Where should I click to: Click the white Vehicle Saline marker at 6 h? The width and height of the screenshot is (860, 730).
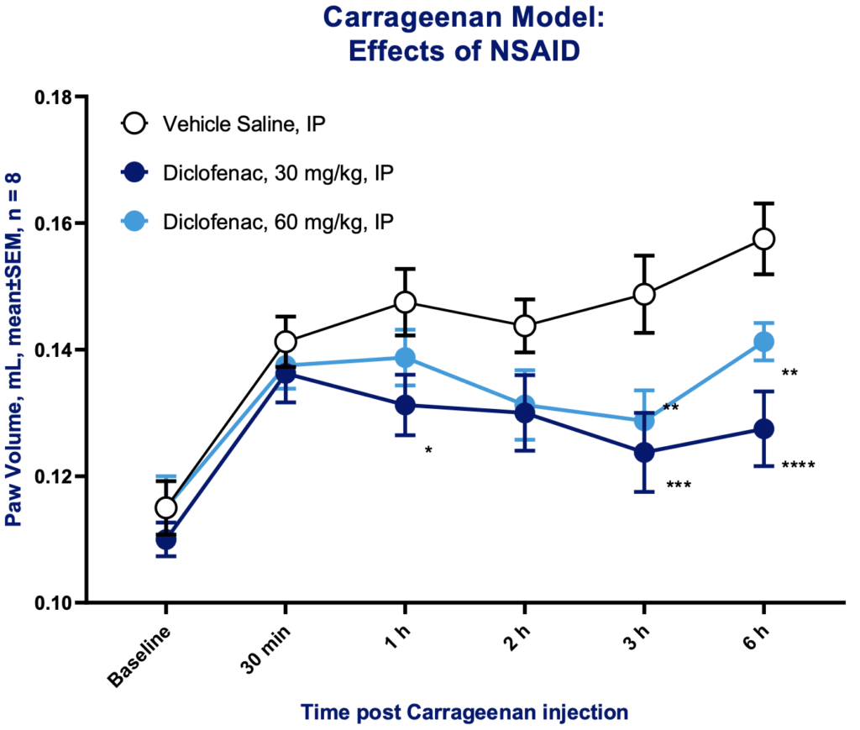coord(764,239)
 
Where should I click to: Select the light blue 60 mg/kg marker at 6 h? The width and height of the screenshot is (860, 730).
coord(764,341)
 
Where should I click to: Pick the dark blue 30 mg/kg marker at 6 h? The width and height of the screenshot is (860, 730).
coord(764,428)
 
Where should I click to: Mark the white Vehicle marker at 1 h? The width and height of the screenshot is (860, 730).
coord(406,302)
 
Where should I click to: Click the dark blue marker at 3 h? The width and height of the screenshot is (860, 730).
coord(644,453)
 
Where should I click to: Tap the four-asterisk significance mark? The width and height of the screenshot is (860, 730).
coord(798,465)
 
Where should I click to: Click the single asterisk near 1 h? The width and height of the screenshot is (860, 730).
coord(428,451)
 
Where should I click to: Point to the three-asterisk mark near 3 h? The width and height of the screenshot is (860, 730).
coord(679,485)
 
